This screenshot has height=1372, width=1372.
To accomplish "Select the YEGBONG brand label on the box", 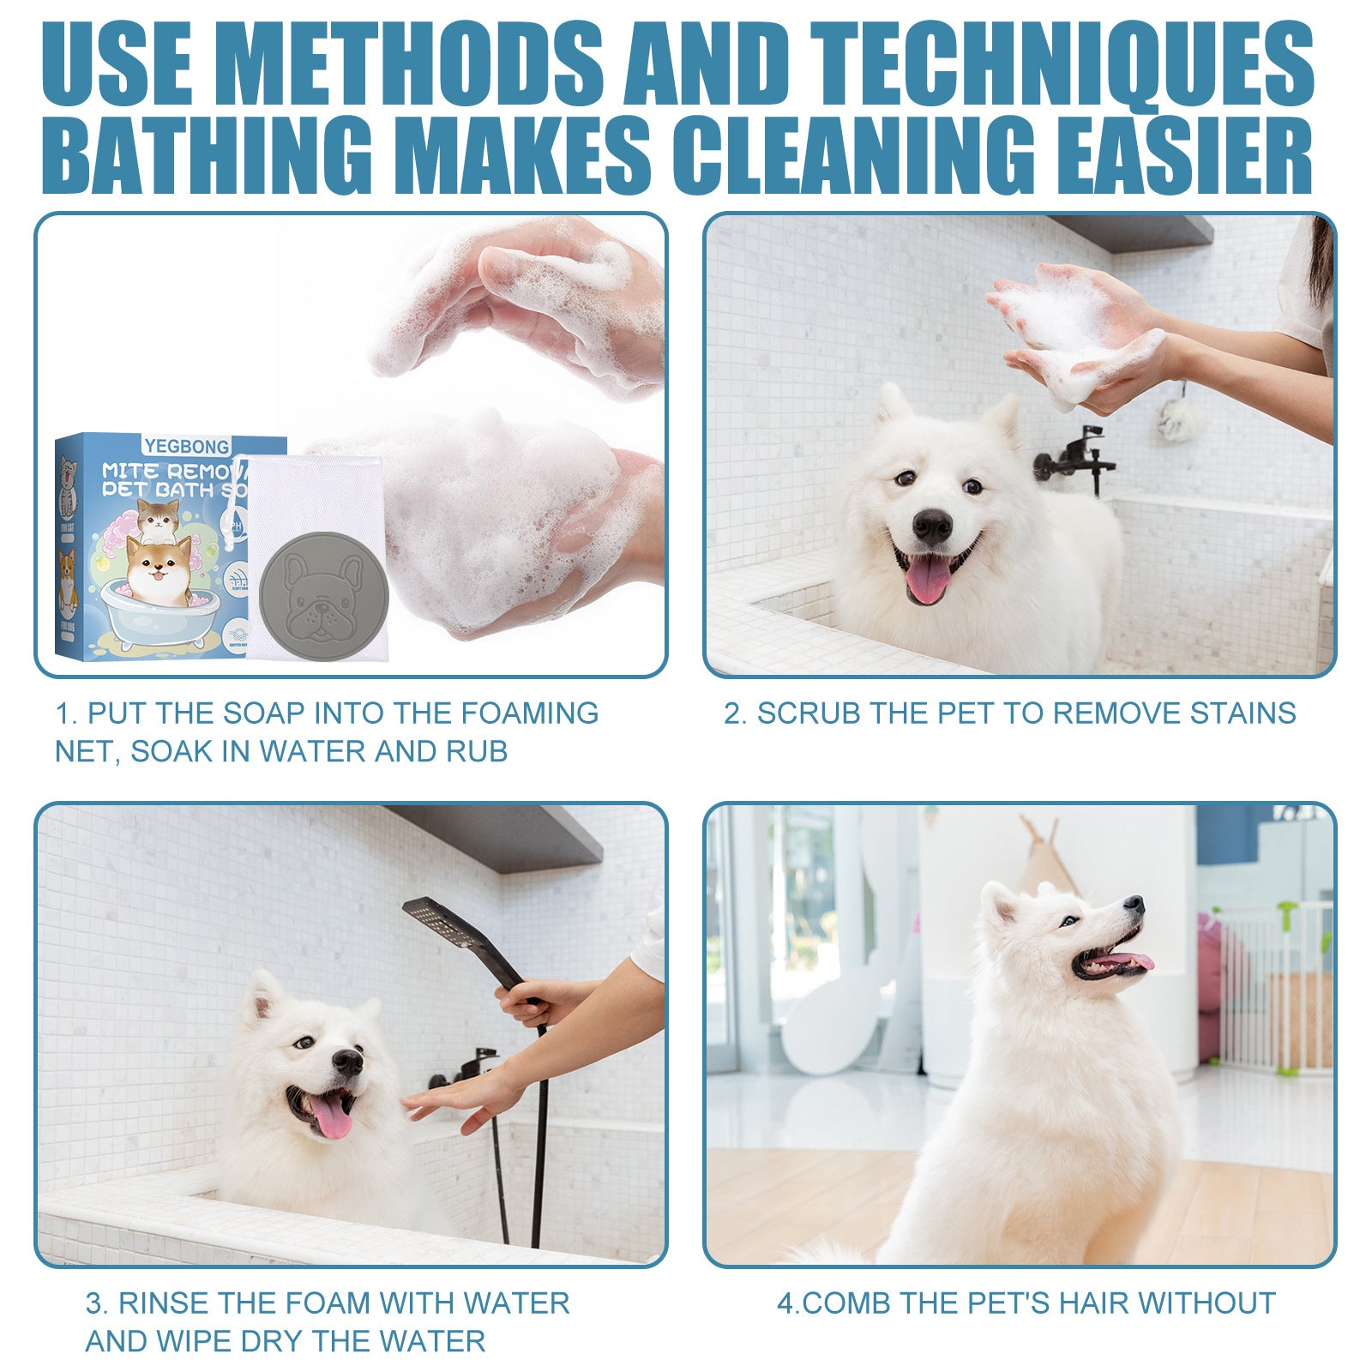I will pyautogui.click(x=187, y=446).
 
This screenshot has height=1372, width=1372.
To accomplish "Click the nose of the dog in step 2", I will pyautogui.click(x=932, y=524).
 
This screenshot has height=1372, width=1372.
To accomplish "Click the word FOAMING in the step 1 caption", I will pyautogui.click(x=529, y=713).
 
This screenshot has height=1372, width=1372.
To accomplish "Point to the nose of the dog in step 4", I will pyautogui.click(x=1134, y=904).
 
